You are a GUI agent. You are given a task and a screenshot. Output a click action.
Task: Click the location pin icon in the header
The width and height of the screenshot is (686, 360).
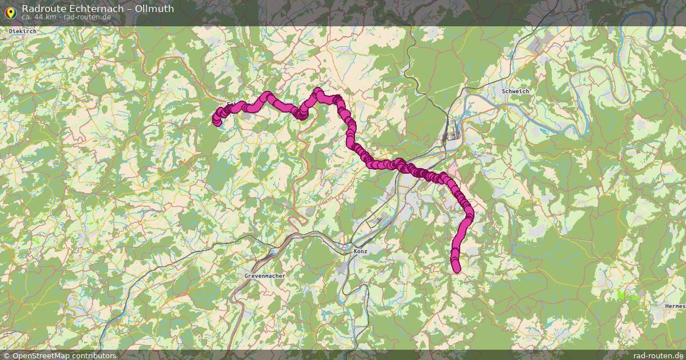click(x=10, y=12)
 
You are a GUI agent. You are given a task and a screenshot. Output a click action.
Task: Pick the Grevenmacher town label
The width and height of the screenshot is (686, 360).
click(x=265, y=275)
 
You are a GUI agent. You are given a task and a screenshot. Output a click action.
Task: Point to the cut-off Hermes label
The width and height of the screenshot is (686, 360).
click(x=675, y=306)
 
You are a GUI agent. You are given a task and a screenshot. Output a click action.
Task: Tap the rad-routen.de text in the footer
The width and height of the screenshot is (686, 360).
click(x=658, y=355)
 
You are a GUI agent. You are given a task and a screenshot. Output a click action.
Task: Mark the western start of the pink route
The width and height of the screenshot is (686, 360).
click(x=217, y=121)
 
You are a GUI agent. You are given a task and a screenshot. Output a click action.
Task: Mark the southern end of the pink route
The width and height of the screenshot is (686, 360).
click(x=456, y=269)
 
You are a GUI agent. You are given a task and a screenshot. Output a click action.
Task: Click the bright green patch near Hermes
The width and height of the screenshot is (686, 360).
click(x=627, y=295)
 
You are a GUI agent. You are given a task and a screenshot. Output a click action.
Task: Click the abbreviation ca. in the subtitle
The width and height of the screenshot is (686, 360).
click(x=27, y=17)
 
